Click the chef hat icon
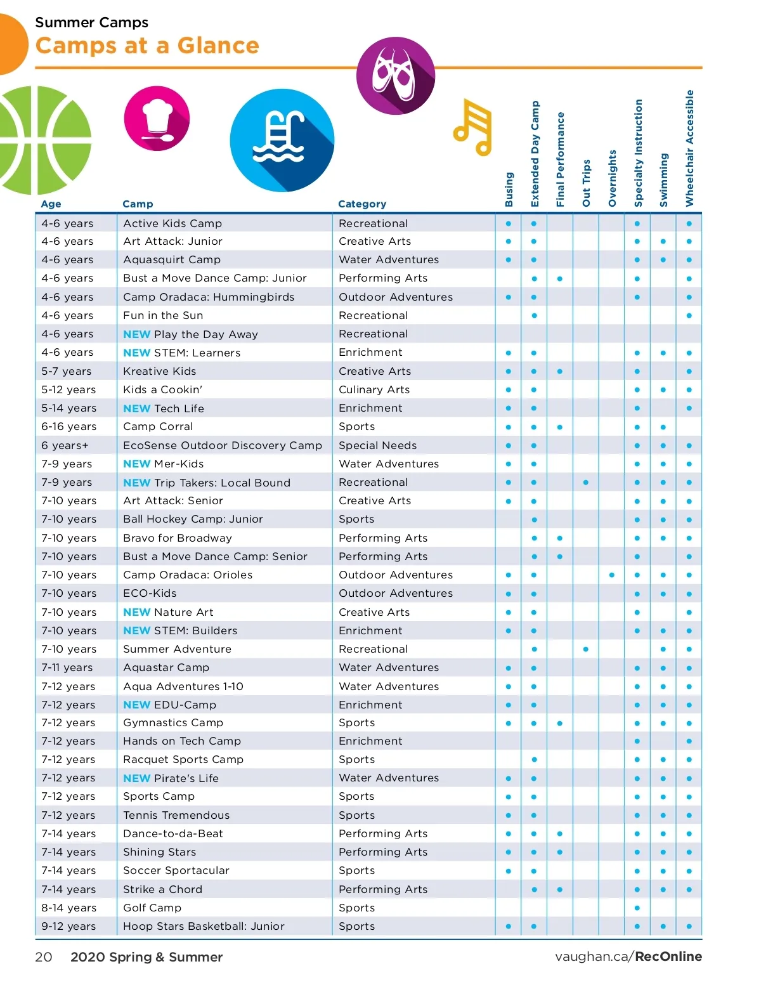[x=157, y=119]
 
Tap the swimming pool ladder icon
[x=281, y=140]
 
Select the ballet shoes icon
[x=396, y=75]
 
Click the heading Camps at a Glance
[x=147, y=46]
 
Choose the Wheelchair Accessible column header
[x=689, y=148]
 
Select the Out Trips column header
[x=586, y=183]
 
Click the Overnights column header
[x=612, y=178]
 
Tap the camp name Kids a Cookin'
[x=162, y=389]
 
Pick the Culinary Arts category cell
[x=374, y=389]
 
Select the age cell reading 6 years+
[x=65, y=445]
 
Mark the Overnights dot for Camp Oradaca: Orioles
[x=611, y=575]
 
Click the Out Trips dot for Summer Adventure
[x=586, y=649]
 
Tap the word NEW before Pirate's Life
[x=136, y=778]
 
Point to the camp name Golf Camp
[x=152, y=908]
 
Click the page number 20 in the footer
[x=44, y=957]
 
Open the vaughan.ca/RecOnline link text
[x=628, y=956]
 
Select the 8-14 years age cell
[x=68, y=908]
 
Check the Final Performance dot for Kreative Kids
[x=560, y=371]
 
